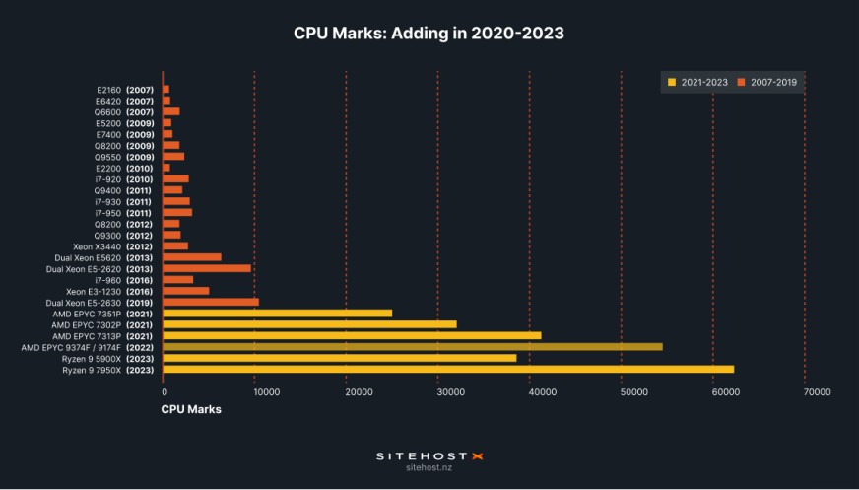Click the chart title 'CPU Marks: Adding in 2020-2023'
tap(429, 33)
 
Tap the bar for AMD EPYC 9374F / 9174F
tap(412, 347)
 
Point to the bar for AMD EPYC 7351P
tap(277, 314)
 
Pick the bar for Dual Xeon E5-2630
tap(210, 303)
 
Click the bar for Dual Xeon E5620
tap(191, 257)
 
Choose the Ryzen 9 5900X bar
tap(339, 358)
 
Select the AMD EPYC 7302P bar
tap(309, 324)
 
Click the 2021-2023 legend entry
tap(697, 82)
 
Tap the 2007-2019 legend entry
tap(769, 82)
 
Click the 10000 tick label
tap(254, 392)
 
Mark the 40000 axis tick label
tap(529, 392)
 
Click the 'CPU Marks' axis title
tap(191, 408)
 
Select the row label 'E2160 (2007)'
tap(124, 90)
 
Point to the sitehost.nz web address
tap(429, 468)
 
